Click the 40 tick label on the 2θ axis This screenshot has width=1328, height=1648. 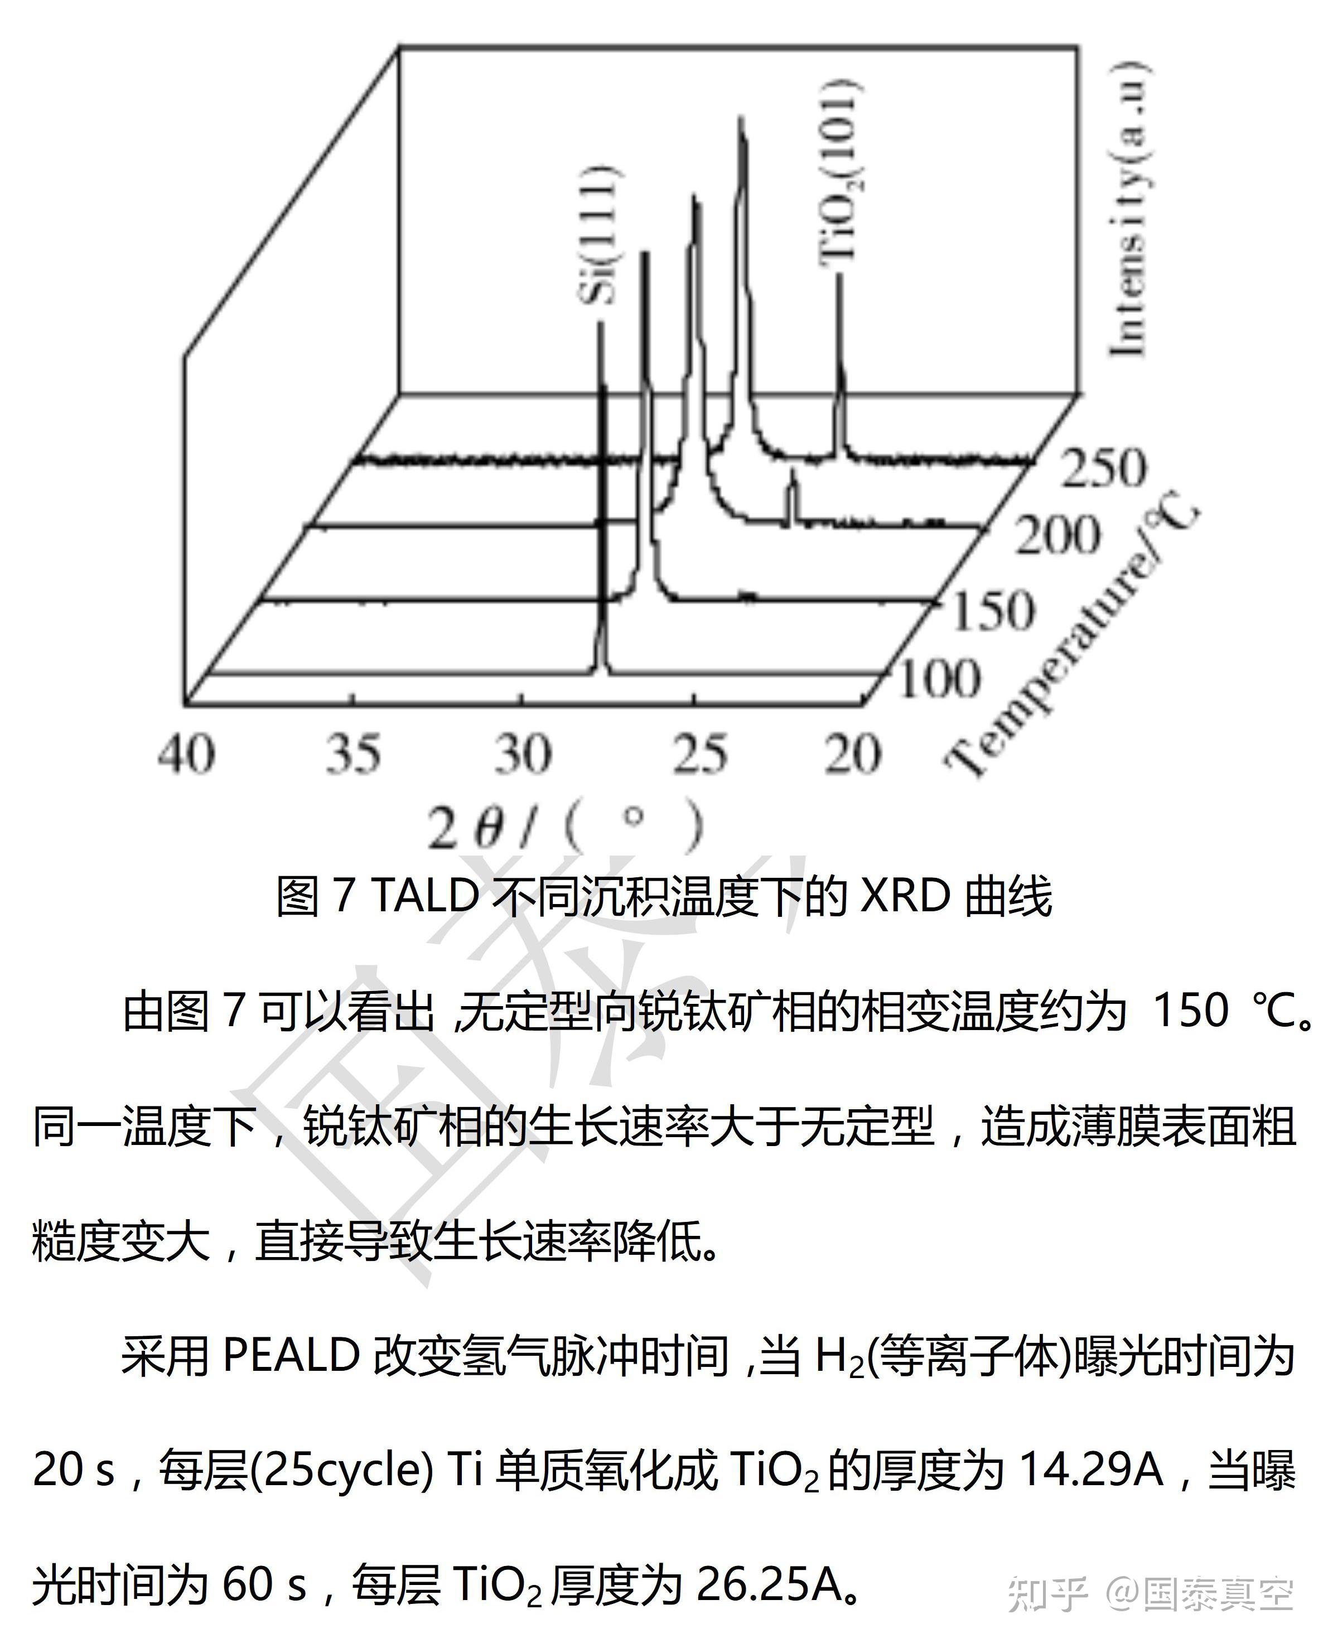coord(187,754)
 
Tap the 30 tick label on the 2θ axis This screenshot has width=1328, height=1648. coord(523,754)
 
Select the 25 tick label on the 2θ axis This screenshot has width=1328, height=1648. coord(699,754)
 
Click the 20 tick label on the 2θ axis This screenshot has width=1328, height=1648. coord(852,754)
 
